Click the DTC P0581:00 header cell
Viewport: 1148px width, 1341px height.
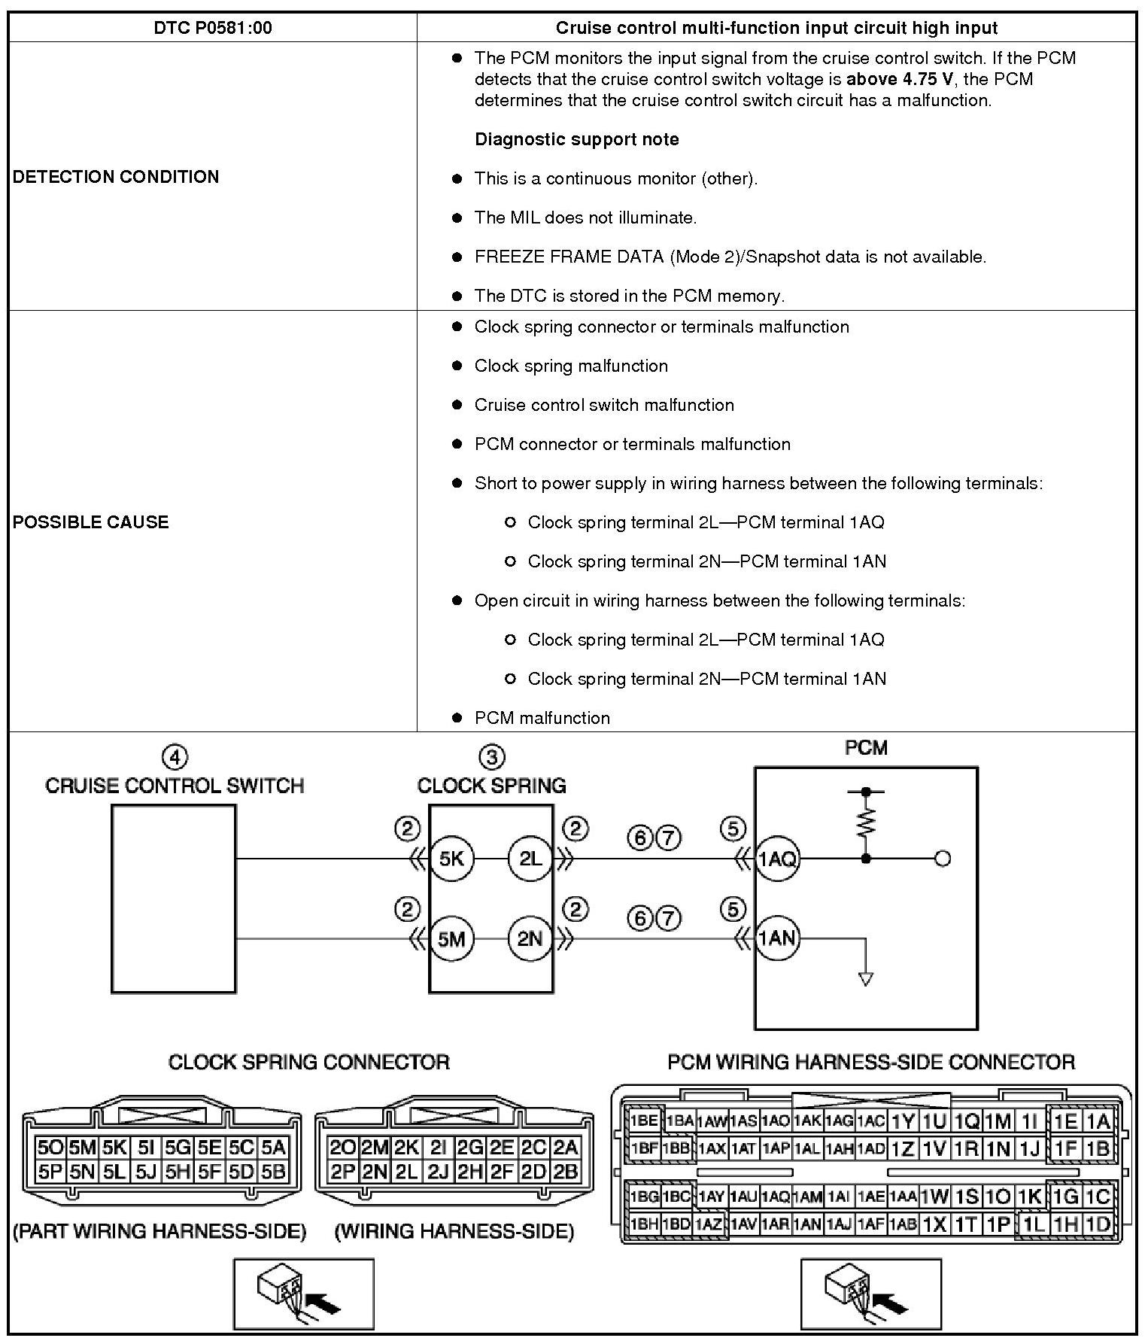point(213,28)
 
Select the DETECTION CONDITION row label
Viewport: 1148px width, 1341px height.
point(116,177)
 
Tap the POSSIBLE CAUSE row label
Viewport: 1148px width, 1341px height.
point(90,522)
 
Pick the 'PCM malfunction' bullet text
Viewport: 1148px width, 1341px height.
point(542,718)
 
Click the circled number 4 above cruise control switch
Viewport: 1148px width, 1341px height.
point(175,757)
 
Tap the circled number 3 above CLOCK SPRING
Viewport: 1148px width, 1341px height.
point(492,757)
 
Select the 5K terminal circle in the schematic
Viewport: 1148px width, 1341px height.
point(451,859)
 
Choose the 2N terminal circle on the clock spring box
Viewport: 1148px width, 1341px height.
point(530,938)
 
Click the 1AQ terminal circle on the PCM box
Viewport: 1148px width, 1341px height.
point(777,859)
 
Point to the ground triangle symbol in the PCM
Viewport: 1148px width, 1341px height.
point(866,979)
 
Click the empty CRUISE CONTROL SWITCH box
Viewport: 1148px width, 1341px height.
point(173,899)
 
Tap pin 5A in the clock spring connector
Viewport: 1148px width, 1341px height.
point(274,1148)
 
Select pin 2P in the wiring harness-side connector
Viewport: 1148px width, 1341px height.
point(342,1172)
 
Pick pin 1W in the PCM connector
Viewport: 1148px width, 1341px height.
point(934,1197)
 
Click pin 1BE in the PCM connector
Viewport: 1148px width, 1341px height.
point(645,1121)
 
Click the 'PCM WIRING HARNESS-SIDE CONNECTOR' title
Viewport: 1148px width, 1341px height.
point(871,1062)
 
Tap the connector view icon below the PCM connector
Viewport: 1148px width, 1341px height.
point(870,1294)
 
